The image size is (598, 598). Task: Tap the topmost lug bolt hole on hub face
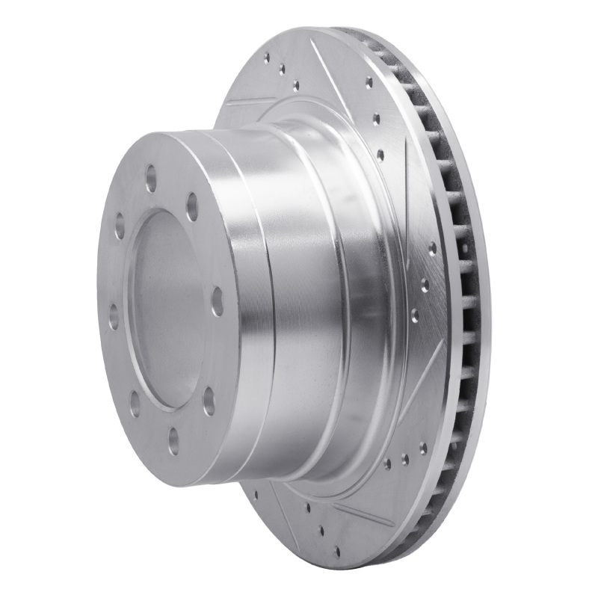click(151, 178)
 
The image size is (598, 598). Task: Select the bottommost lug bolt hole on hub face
click(173, 440)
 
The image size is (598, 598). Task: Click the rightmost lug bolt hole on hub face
click(218, 300)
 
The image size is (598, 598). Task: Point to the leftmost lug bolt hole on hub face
click(114, 315)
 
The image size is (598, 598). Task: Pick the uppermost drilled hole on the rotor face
click(267, 56)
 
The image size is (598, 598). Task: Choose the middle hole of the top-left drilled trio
click(282, 70)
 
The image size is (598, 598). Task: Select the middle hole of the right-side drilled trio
click(424, 284)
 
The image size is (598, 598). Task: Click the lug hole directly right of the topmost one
click(192, 206)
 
